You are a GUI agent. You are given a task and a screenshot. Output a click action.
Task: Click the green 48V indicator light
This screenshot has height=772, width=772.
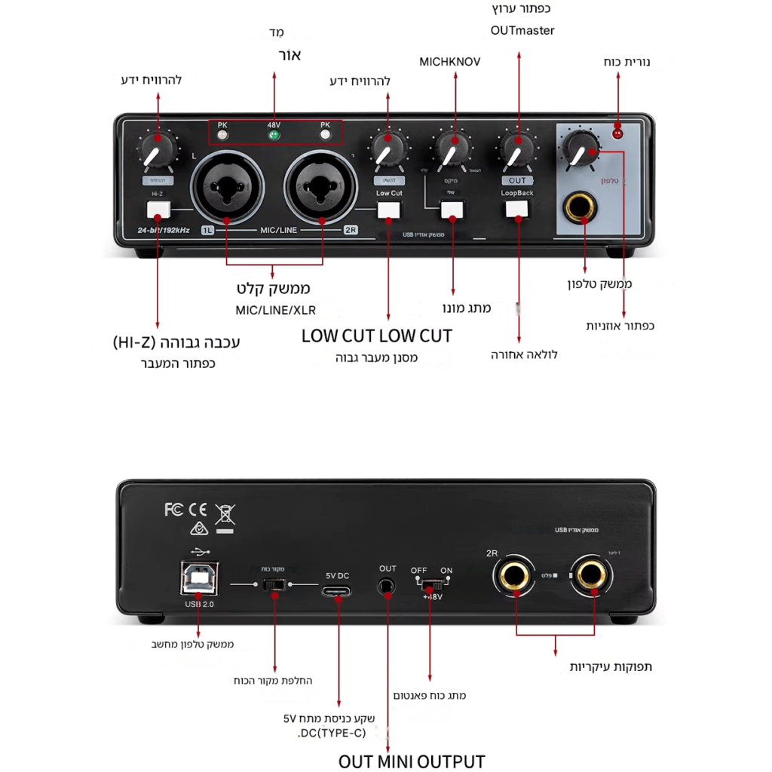(x=274, y=136)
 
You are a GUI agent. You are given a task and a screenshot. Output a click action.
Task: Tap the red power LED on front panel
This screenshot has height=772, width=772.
(x=618, y=134)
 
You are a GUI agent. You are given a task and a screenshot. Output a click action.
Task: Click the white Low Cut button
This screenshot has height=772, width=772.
(x=389, y=210)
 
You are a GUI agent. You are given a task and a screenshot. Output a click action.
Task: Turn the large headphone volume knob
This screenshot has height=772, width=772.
(x=581, y=147)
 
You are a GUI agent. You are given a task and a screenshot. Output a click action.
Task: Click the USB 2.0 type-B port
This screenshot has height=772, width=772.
(x=199, y=578)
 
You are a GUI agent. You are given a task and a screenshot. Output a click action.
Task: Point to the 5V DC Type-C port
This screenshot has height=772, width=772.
(x=337, y=590)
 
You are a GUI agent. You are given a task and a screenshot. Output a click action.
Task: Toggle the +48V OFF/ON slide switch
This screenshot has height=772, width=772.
(x=431, y=585)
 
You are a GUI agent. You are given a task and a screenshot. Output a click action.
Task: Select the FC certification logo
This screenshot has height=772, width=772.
(x=173, y=510)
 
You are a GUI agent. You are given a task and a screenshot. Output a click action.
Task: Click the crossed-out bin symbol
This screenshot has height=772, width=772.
(x=225, y=515)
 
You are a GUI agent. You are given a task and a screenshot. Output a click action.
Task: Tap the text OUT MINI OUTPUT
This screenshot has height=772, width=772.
(x=411, y=761)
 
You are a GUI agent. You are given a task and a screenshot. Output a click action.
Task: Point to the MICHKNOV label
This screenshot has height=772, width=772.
(x=449, y=62)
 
